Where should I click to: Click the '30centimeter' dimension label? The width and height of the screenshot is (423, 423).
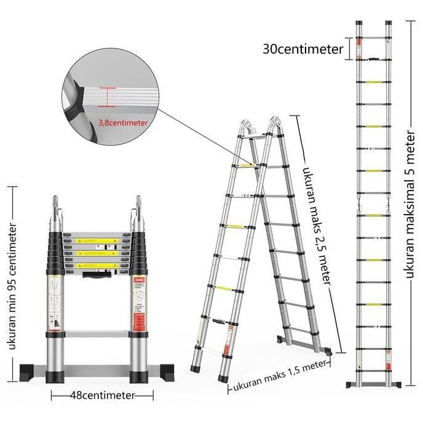tap(302, 49)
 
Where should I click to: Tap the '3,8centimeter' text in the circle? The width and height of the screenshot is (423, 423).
tap(123, 122)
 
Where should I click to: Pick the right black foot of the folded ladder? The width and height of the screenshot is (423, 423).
tap(159, 371)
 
